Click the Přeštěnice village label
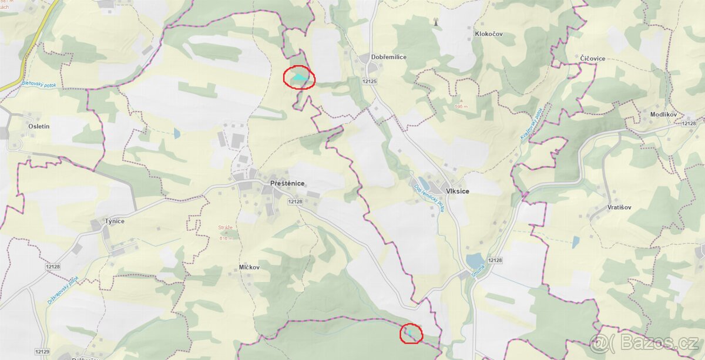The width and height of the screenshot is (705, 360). point(287,183)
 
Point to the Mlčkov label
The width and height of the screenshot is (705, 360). point(249,267)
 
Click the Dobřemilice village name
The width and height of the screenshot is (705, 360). point(388,57)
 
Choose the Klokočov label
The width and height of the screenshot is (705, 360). point(489,34)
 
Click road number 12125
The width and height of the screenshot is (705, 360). point(370,81)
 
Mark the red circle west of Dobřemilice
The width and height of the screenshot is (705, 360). point(300,78)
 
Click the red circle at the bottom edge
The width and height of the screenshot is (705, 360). point(411,334)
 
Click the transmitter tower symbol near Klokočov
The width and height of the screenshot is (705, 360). point(435,22)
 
